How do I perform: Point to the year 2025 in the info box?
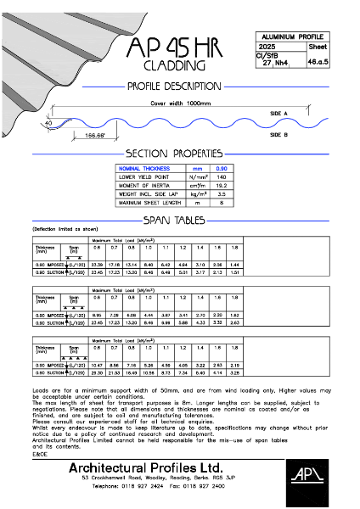[x=268, y=48]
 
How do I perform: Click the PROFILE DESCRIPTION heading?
[x=173, y=86]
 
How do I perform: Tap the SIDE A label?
[x=279, y=113]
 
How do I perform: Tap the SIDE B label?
[x=279, y=134]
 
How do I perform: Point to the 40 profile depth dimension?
[x=49, y=123]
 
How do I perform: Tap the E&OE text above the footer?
[x=39, y=454]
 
